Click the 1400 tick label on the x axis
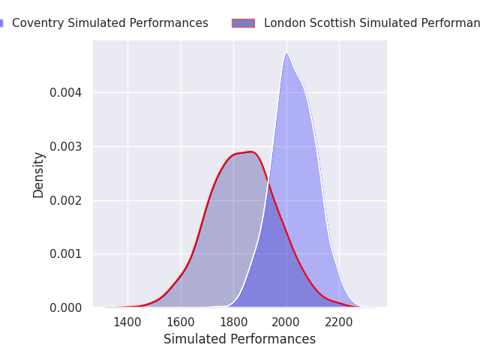tap(127, 322)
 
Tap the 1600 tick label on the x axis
tap(180, 322)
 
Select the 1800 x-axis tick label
tap(233, 322)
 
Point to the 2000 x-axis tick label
tap(286, 322)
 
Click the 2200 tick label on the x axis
tap(339, 322)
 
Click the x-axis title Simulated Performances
tap(239, 340)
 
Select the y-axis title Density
tap(39, 174)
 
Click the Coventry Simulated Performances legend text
tap(110, 23)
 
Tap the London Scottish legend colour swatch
tap(243, 23)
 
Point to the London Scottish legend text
tap(372, 23)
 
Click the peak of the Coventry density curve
tap(286, 53)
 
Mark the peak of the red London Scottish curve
tap(250, 151)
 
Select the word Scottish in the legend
tap(332, 23)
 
